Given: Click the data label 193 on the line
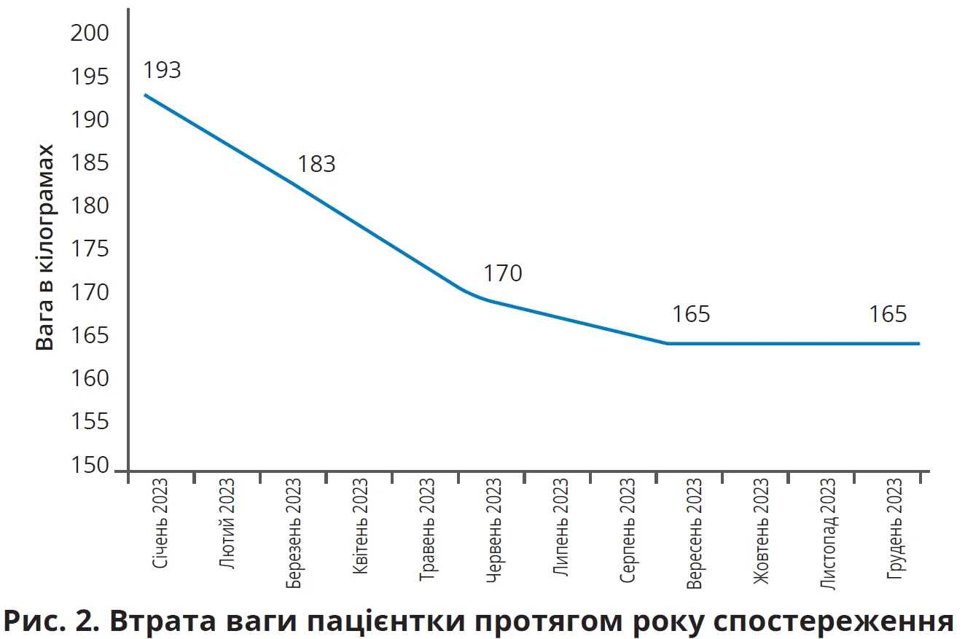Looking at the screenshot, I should point(161,70).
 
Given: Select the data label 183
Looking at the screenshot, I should point(316,164).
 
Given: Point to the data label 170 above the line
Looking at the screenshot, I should point(503,273).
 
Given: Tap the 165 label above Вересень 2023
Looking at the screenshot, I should point(691,314).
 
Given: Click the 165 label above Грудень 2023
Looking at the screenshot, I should point(888,314).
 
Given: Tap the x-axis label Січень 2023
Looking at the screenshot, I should point(161,522).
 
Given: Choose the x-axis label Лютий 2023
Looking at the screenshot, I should point(227,522).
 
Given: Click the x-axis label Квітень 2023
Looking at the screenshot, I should point(360,524).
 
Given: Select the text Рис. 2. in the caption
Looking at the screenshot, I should point(50,621).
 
